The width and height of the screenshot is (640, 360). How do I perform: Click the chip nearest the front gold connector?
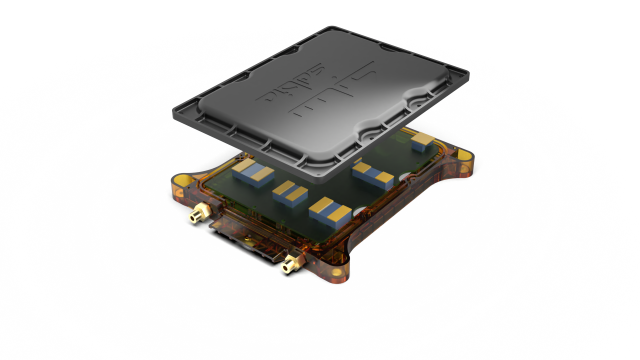pyautogui.click(x=326, y=210)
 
